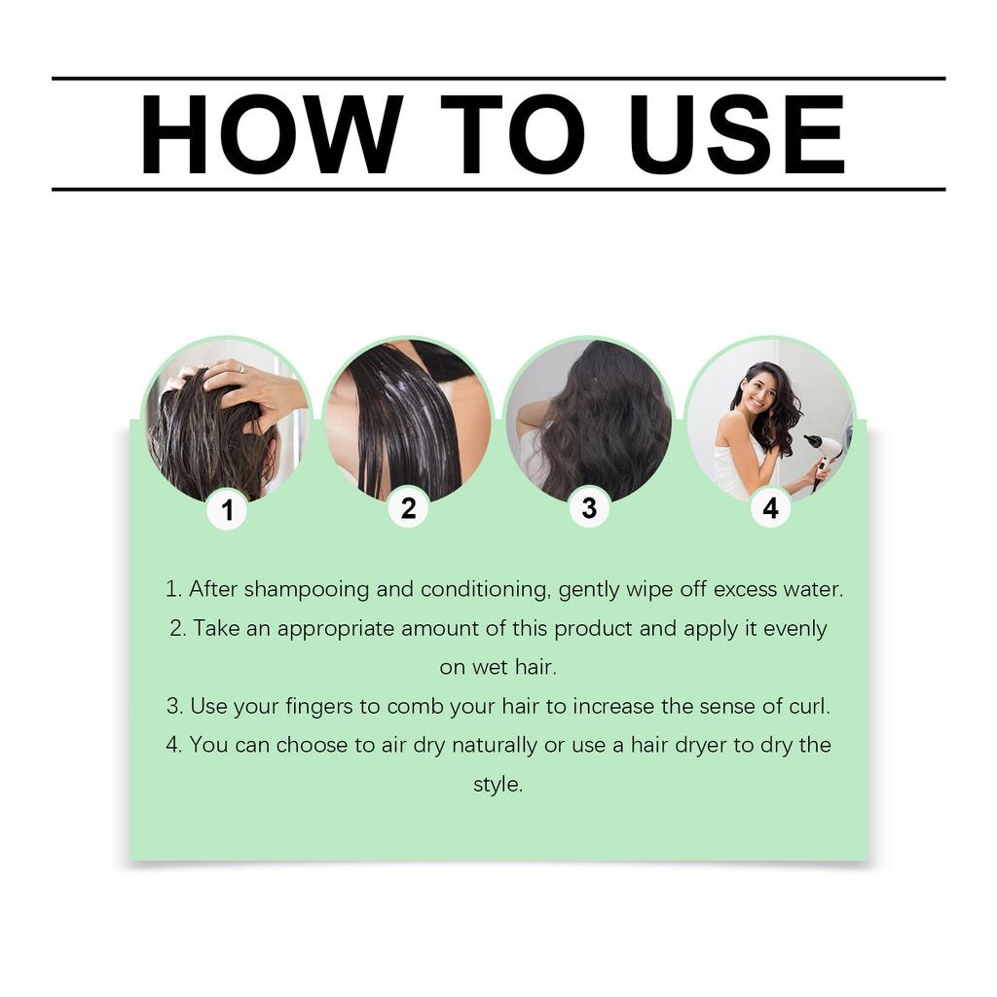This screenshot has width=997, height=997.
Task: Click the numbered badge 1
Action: click(x=227, y=509)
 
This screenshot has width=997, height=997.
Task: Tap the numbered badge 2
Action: click(x=408, y=508)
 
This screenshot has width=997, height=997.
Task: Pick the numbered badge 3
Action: click(x=589, y=508)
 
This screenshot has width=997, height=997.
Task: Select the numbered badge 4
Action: click(x=770, y=508)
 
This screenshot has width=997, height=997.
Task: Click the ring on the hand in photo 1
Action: click(x=240, y=369)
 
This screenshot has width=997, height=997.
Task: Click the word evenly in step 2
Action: click(x=794, y=628)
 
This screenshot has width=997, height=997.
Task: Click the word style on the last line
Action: click(x=498, y=785)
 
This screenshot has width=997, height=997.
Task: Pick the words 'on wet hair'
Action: click(x=498, y=668)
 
